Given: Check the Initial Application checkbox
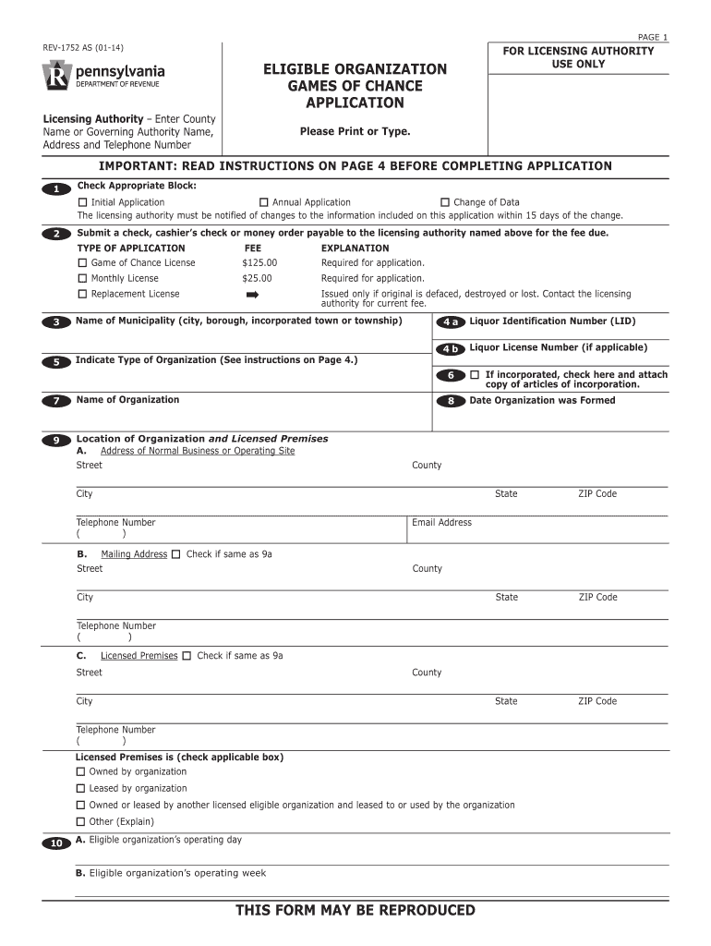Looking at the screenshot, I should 82,202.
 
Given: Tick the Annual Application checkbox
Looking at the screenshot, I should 263,202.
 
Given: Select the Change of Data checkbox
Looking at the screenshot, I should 445,202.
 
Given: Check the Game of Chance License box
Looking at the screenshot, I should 82,262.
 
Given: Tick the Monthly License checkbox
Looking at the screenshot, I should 82,278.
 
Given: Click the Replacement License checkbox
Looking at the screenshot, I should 82,294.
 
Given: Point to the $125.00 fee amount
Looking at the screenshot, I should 259,262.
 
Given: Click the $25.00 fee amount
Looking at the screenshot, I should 257,278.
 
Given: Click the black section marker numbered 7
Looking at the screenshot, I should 55,401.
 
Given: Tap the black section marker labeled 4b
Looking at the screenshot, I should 451,349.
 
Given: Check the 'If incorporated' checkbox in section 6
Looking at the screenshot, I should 475,374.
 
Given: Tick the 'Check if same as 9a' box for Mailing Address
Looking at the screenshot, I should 176,554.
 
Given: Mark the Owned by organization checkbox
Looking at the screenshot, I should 80,771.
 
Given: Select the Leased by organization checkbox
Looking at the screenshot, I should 80,788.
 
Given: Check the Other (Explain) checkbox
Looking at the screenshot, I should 80,821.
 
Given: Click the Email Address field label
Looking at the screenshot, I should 441,523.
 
